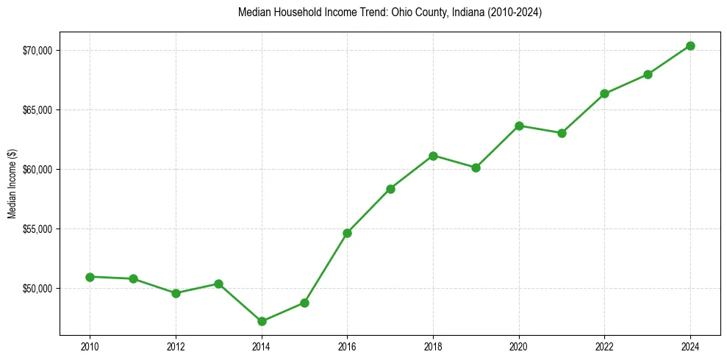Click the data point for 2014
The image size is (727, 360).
click(x=262, y=321)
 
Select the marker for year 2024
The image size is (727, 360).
click(x=690, y=46)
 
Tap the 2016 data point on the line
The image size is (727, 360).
click(x=347, y=233)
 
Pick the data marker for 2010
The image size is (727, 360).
click(x=90, y=277)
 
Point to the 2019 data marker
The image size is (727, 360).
click(x=476, y=168)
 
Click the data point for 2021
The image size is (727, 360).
click(x=562, y=133)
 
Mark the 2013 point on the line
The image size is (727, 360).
click(x=218, y=284)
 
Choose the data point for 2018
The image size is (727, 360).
click(x=433, y=156)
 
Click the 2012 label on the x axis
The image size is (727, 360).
click(x=176, y=346)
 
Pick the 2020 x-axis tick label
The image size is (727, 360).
click(x=519, y=346)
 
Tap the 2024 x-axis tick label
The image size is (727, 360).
click(x=690, y=346)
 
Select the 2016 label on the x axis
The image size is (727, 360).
click(x=347, y=346)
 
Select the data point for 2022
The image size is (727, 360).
click(x=604, y=93)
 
